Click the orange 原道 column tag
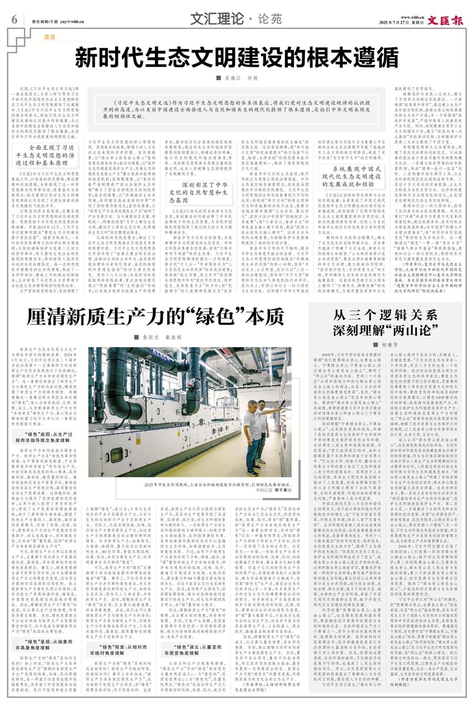click(x=49, y=38)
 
